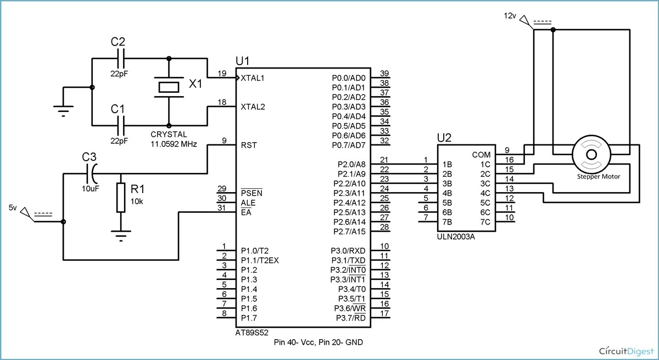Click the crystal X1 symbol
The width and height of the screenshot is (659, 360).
(169, 87)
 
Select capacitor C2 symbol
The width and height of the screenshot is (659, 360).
(122, 58)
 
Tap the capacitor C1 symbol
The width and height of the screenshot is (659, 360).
(122, 125)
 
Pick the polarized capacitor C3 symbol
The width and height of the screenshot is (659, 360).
(92, 174)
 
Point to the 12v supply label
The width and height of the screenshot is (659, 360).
(510, 16)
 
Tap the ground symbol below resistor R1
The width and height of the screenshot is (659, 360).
(120, 237)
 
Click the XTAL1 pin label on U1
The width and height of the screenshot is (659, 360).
(253, 78)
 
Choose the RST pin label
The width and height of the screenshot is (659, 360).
(248, 145)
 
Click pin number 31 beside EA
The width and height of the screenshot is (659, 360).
(222, 207)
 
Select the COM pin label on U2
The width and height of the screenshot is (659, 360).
(481, 155)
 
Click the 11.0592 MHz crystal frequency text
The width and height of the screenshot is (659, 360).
(174, 144)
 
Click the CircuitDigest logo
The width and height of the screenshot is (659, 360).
(626, 350)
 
